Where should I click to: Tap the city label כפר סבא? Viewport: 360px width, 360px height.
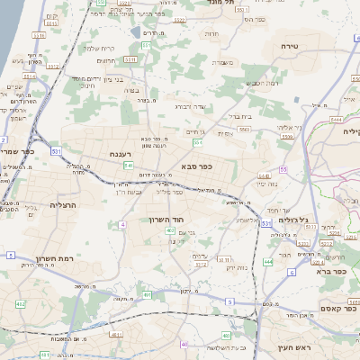(195, 166)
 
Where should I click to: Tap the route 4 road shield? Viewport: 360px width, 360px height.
(121, 223)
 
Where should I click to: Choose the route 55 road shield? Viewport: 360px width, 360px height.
(283, 168)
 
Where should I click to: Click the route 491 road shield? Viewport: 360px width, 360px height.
(146, 293)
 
